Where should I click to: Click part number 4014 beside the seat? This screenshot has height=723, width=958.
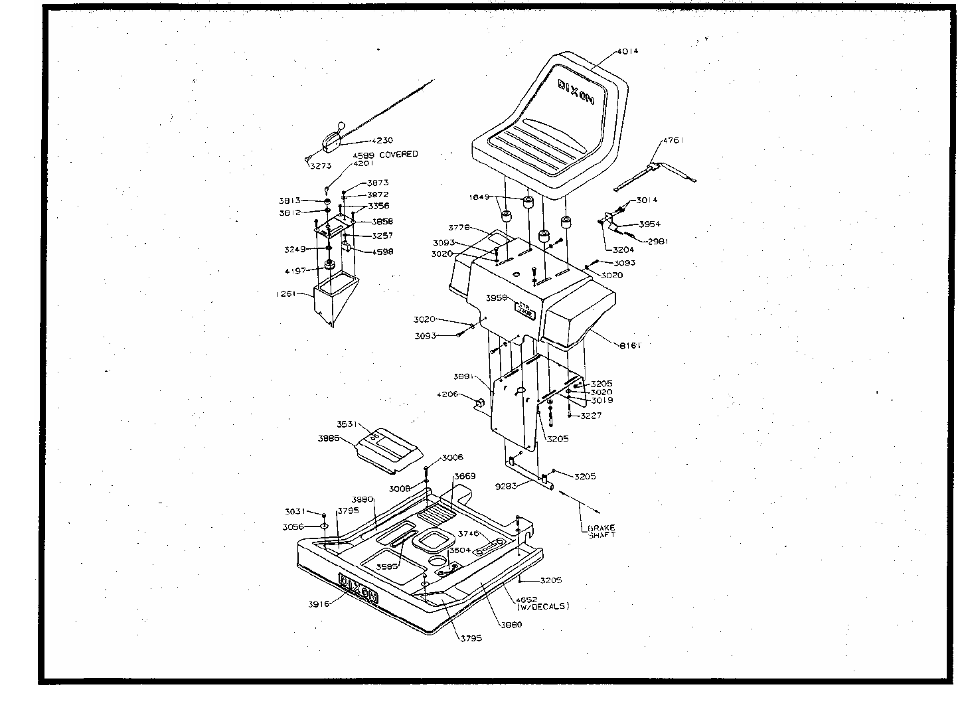(627, 51)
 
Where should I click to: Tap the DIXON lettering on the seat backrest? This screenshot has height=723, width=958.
(576, 94)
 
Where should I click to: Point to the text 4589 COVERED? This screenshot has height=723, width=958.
(385, 154)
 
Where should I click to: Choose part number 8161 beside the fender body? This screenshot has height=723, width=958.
(630, 345)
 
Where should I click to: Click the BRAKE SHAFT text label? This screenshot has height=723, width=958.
(601, 531)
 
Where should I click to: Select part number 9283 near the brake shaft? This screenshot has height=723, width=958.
(506, 486)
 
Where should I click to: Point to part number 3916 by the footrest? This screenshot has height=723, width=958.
(319, 603)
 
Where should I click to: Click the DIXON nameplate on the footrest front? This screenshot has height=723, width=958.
(359, 588)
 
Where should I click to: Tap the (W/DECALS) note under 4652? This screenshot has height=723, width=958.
(542, 607)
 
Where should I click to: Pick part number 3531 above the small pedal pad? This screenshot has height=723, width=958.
(347, 424)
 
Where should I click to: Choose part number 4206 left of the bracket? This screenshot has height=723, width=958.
(447, 394)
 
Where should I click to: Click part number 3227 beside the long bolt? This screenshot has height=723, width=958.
(591, 416)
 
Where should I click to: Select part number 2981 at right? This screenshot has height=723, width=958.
(658, 242)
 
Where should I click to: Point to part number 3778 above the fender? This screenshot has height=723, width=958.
(459, 227)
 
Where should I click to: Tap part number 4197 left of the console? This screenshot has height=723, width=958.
(296, 270)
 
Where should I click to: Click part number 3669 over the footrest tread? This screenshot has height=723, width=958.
(465, 476)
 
